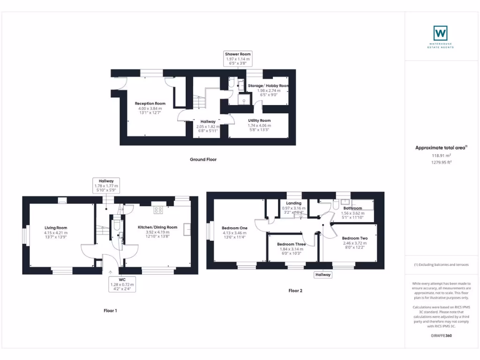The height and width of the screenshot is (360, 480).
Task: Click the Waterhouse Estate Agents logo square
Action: tap(441, 33)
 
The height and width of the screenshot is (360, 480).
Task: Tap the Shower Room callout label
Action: tap(238, 54)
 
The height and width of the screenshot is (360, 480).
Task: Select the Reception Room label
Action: tap(150, 104)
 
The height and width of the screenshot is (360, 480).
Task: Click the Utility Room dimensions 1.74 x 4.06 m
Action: tap(259, 126)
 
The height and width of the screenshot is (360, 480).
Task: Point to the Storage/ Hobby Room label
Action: tap(269, 86)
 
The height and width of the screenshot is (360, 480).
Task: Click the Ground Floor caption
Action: tap(203, 159)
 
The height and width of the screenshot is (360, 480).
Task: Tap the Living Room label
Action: tap(56, 228)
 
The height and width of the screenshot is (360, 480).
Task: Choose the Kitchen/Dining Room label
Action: tap(157, 227)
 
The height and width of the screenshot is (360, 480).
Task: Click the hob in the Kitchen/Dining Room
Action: tap(158, 210)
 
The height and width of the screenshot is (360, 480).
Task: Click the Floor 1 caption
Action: tap(110, 310)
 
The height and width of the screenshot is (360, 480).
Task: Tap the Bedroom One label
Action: tap(234, 228)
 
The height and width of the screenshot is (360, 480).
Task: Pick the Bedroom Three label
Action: tap(291, 244)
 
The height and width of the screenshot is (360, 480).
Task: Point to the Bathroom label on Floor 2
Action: tap(352, 208)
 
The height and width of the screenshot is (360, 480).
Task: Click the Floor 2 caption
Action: tap(295, 291)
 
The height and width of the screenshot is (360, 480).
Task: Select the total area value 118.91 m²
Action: tap(441, 155)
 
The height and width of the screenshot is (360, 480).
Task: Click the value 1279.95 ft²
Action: tap(441, 162)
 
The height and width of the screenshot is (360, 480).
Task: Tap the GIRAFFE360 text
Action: tap(441, 336)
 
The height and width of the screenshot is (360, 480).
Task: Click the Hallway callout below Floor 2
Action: tap(323, 275)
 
